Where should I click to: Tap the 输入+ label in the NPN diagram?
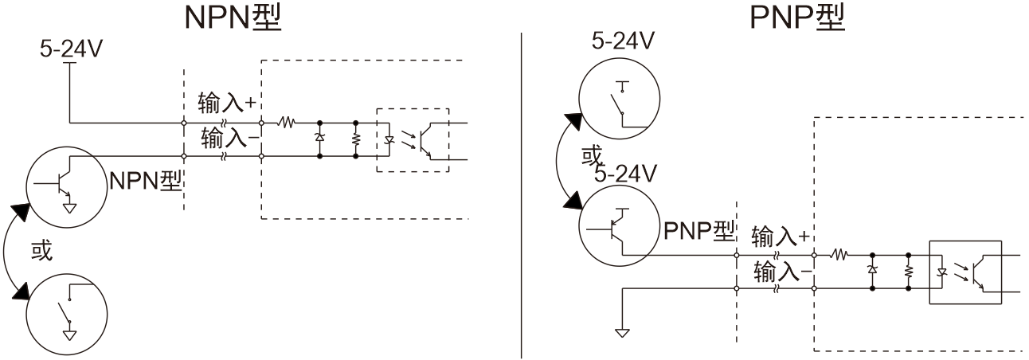tap(225, 103)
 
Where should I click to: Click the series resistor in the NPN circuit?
tap(287, 123)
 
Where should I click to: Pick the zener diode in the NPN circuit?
tap(320, 139)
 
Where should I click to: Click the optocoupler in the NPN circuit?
tap(413, 139)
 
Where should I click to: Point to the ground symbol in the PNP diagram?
tap(622, 331)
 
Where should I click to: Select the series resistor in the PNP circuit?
tap(839, 256)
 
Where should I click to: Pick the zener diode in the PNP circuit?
tap(873, 272)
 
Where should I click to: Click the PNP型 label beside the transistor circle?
tap(698, 232)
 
